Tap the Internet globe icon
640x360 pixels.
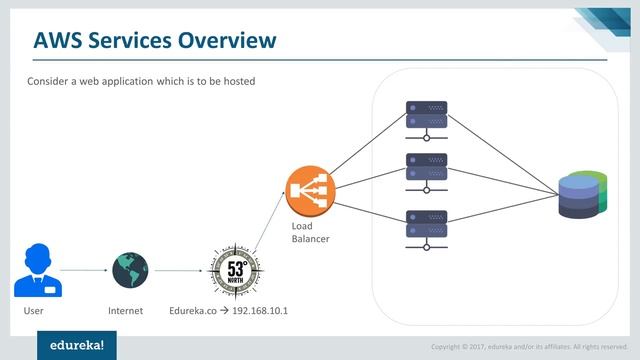pos(130,268)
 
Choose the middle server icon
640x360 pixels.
pos(426,173)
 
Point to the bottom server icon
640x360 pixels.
pos(426,229)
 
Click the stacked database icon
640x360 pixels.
pos(583,195)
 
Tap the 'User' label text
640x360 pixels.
pos(34,311)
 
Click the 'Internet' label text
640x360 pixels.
pos(126,311)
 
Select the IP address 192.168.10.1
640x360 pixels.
pos(260,311)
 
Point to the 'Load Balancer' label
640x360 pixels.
pos(309,232)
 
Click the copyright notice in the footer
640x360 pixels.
pos(530,347)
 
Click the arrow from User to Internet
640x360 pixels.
pos(84,270)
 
